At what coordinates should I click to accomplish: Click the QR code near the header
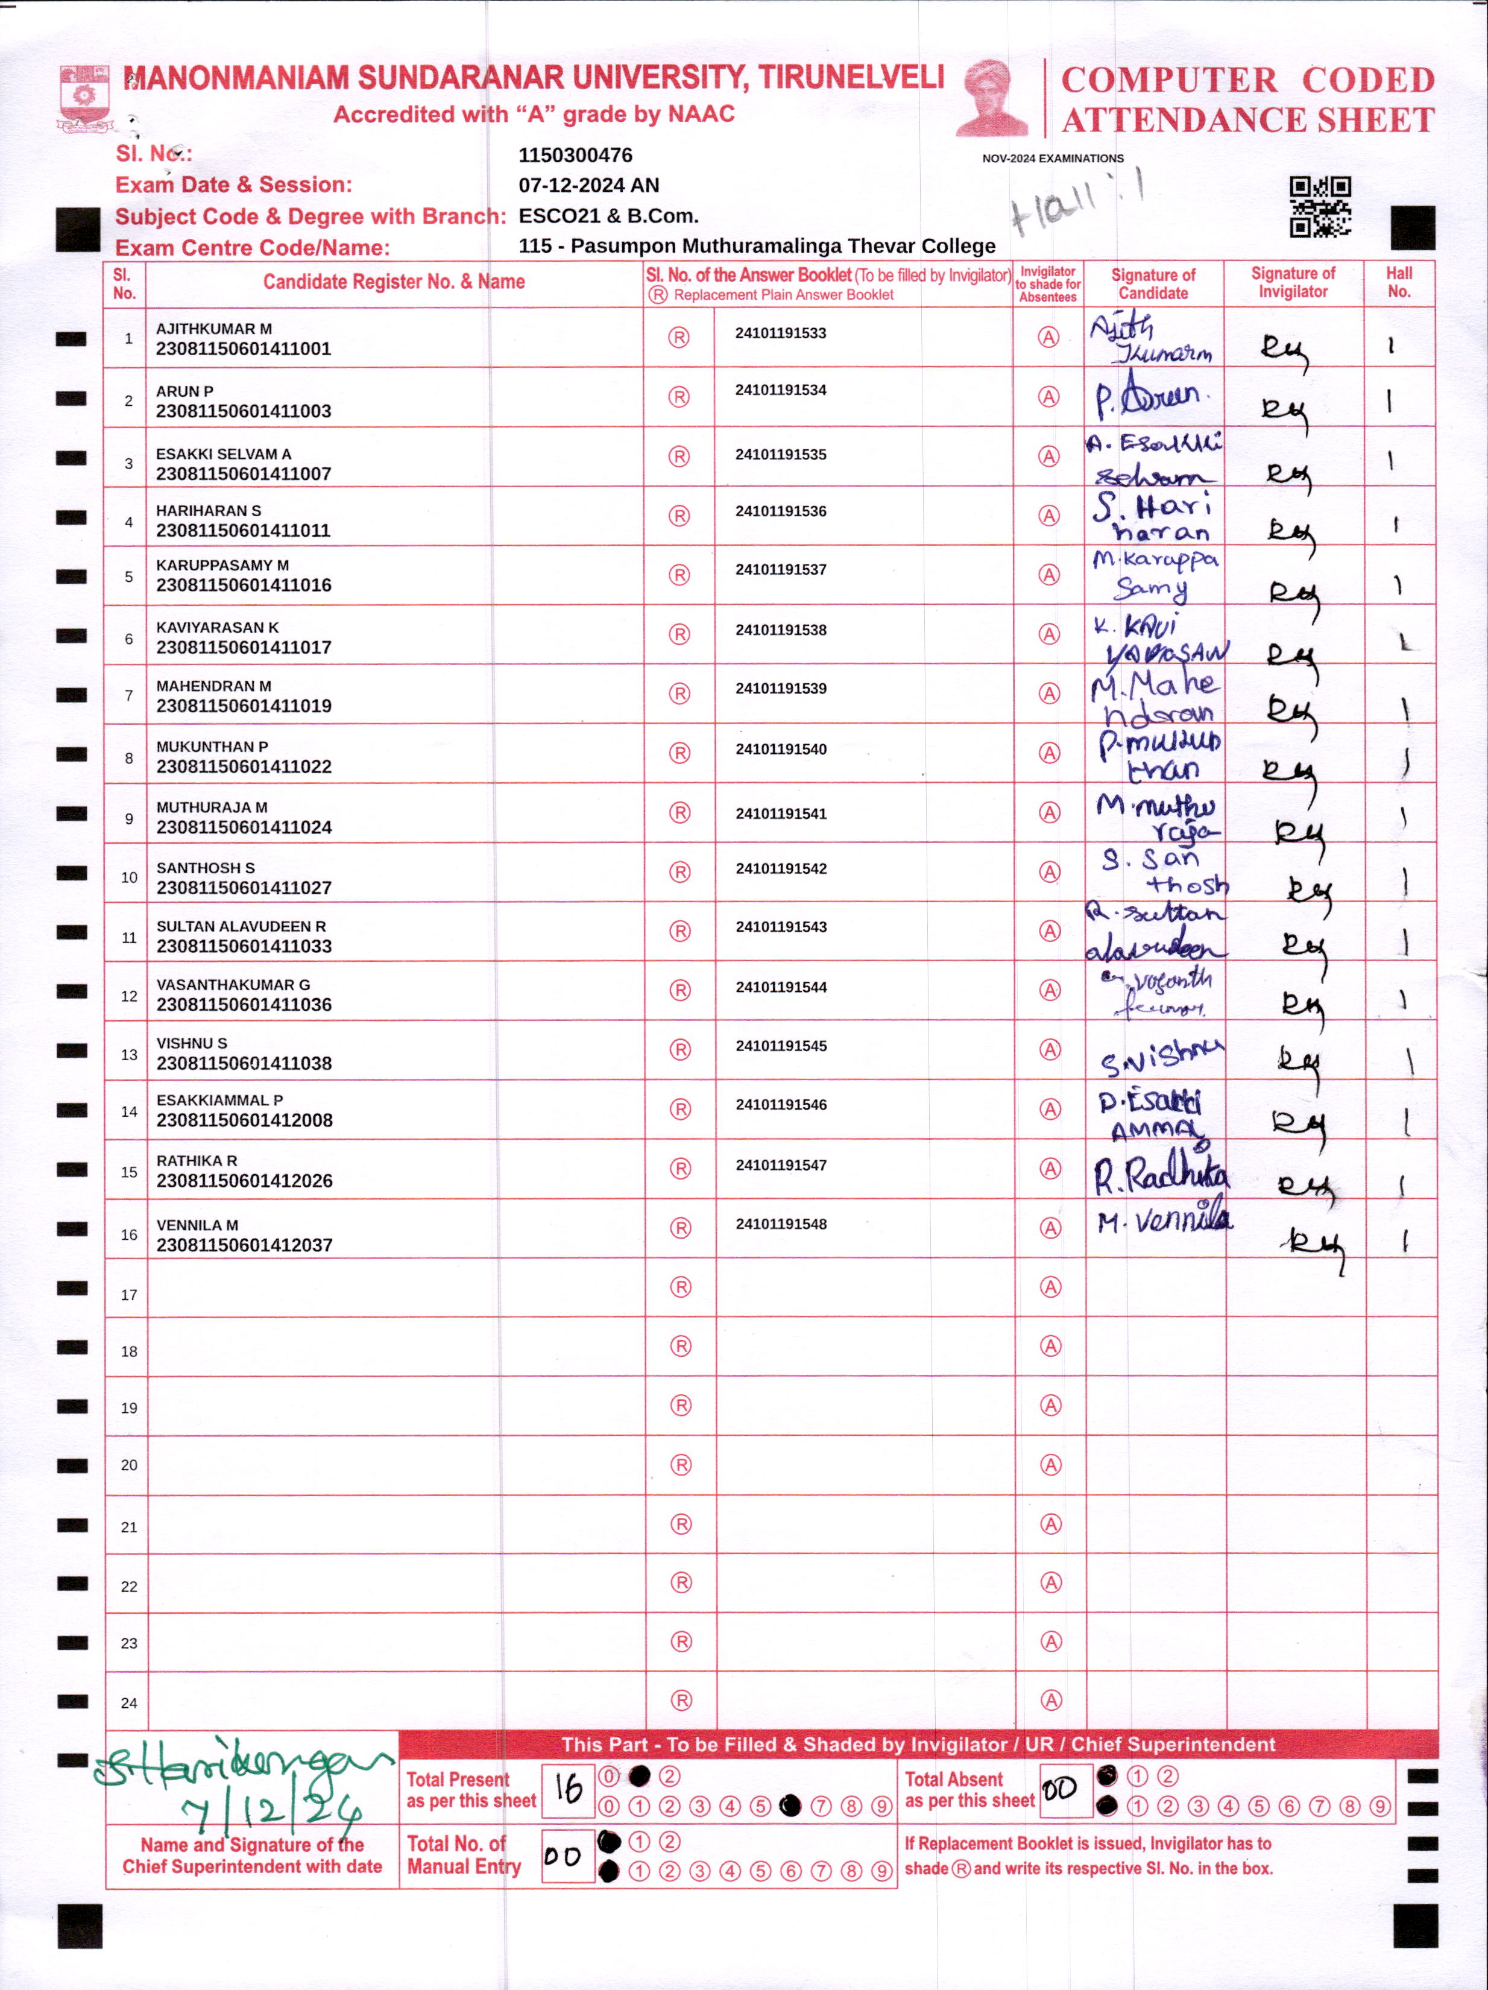[1320, 206]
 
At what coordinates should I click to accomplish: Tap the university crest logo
[84, 98]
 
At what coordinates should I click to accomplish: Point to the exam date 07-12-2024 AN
[588, 185]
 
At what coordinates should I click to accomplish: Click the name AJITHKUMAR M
[213, 329]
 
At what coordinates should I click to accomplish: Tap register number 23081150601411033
[244, 946]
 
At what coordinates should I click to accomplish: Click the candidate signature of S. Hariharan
[1152, 518]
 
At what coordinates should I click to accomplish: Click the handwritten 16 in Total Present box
[568, 1789]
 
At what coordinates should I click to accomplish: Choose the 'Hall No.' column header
[1398, 282]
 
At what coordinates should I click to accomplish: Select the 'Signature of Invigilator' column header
[1293, 282]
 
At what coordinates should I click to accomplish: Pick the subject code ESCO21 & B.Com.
[608, 216]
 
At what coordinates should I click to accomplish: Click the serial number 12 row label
[128, 996]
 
